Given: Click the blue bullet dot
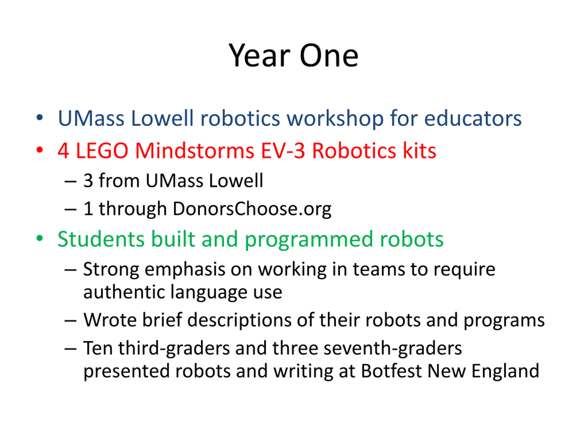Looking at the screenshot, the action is [40, 118].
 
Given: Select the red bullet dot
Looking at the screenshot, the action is [40, 150].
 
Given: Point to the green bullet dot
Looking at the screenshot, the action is [40, 238].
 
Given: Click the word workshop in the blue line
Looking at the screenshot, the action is [335, 119].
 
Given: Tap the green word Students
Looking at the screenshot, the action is [101, 239].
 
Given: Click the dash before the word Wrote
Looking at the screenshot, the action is [71, 321].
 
